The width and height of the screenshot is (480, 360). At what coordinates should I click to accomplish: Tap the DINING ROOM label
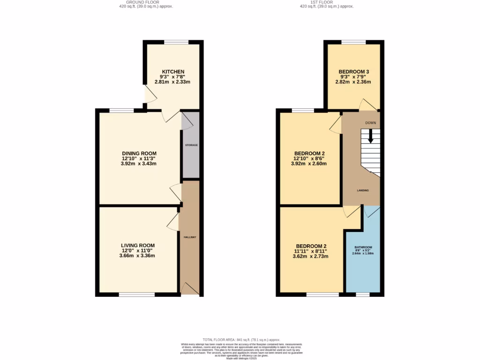click(x=139, y=153)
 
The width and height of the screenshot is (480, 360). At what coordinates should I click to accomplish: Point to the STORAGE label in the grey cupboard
click(x=191, y=145)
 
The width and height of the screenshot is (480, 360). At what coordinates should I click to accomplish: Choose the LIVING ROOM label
click(x=137, y=245)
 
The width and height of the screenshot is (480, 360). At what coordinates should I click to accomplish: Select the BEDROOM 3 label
click(x=354, y=72)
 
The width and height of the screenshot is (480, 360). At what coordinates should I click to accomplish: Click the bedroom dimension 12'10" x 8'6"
click(x=309, y=159)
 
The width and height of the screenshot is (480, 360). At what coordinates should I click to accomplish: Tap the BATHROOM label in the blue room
click(x=363, y=247)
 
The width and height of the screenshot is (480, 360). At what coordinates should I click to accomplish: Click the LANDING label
click(x=362, y=190)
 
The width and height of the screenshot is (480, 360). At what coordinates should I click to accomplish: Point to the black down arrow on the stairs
click(x=370, y=137)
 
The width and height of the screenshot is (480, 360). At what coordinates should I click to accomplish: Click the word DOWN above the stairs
click(x=371, y=123)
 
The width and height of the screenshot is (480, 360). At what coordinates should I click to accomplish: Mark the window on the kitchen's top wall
click(x=176, y=42)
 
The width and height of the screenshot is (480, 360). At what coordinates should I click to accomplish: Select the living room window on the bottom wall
click(x=136, y=295)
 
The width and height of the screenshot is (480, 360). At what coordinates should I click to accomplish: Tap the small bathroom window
click(x=362, y=295)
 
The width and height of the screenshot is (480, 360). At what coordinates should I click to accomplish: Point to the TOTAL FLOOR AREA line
click(x=241, y=340)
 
